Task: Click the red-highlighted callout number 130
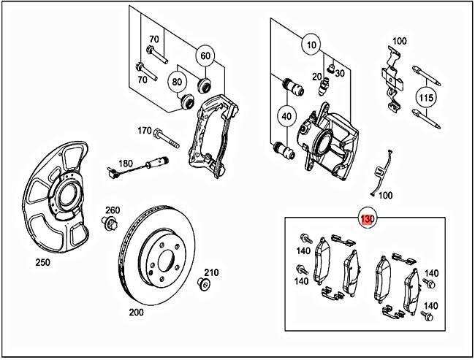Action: click(367, 218)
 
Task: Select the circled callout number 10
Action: click(312, 45)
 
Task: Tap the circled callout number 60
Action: click(205, 55)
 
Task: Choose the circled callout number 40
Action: click(286, 115)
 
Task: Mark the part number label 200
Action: click(137, 311)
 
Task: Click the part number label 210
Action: click(211, 272)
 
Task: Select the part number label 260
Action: click(112, 210)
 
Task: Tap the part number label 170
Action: click(145, 131)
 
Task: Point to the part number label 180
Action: click(126, 163)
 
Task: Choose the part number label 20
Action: click(317, 77)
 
